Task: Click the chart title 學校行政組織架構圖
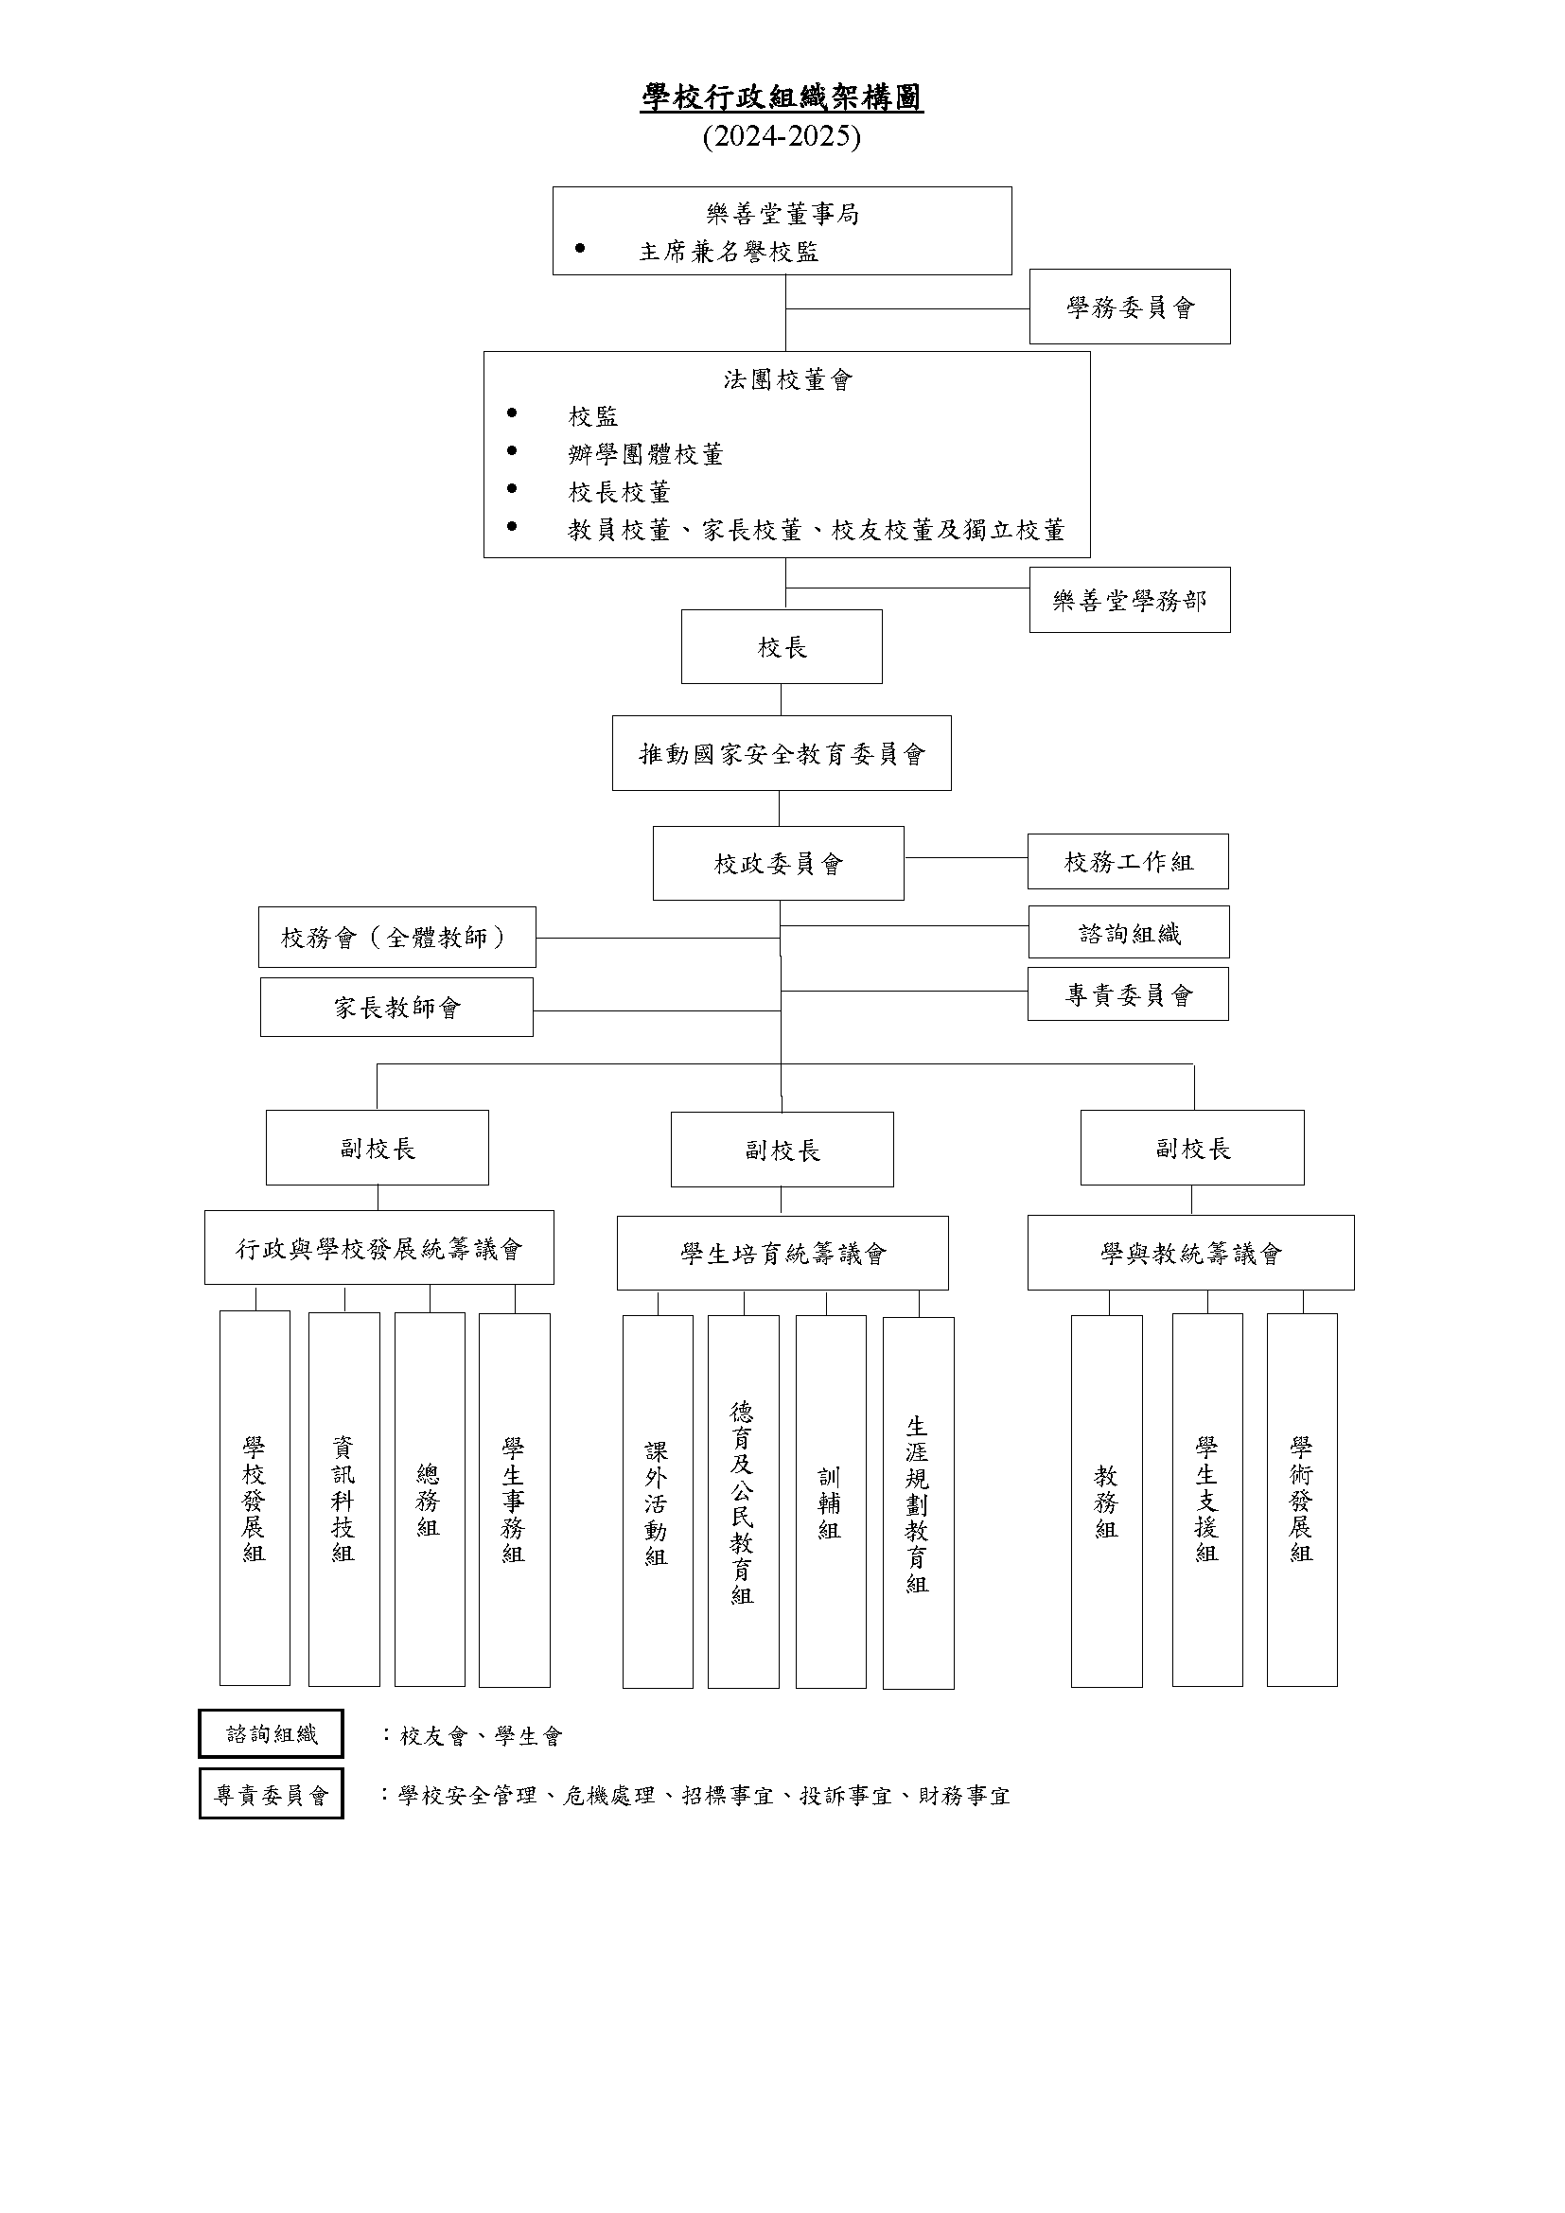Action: click(782, 97)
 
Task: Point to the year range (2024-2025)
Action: click(782, 136)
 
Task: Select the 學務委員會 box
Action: click(1130, 307)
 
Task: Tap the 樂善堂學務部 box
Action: click(1130, 600)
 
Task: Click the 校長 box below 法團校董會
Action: click(782, 647)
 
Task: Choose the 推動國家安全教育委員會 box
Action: click(782, 753)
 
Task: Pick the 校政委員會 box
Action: click(779, 864)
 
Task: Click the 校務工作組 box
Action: click(1128, 862)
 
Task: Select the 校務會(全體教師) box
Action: click(397, 937)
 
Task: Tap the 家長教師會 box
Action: click(397, 1008)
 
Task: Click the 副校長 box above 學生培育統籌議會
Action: click(782, 1150)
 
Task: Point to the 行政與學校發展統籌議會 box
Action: click(378, 1248)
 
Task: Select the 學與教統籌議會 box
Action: click(1191, 1253)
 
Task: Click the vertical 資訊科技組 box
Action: click(344, 1499)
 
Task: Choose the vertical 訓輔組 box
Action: click(831, 1502)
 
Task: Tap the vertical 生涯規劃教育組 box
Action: click(919, 1502)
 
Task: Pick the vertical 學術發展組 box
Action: click(1302, 1500)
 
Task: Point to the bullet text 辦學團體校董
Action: click(645, 454)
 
